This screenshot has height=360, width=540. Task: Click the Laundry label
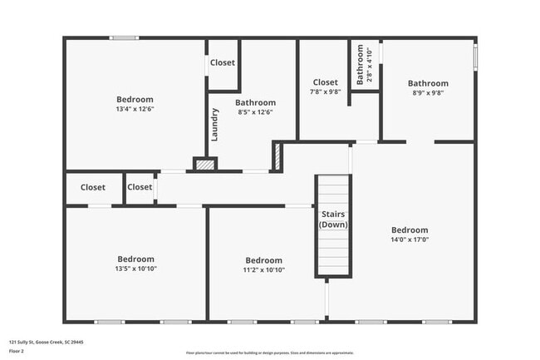click(214, 125)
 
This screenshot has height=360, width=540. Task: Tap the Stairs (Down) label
click(334, 219)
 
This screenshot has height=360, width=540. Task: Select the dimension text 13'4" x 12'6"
click(135, 109)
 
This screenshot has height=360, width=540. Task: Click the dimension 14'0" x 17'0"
click(410, 239)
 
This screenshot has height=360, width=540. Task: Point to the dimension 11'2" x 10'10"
click(263, 269)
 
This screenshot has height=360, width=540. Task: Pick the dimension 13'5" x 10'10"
click(135, 269)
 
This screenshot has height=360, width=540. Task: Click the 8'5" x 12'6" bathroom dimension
click(255, 112)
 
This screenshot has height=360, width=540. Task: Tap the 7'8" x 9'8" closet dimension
click(325, 92)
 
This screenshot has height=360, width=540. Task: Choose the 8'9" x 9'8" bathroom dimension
click(428, 93)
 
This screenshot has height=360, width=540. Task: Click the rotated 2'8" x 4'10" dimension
click(371, 65)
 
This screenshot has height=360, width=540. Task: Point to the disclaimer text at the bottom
click(270, 352)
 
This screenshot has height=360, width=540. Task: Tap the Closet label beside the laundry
click(222, 62)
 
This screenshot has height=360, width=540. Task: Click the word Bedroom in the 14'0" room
click(410, 230)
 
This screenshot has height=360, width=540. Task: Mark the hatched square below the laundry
click(204, 165)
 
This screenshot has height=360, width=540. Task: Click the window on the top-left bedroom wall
click(125, 37)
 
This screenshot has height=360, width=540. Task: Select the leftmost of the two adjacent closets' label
click(93, 187)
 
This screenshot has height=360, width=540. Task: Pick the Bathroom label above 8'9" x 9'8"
click(428, 83)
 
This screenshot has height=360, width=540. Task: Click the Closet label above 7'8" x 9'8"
click(325, 82)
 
